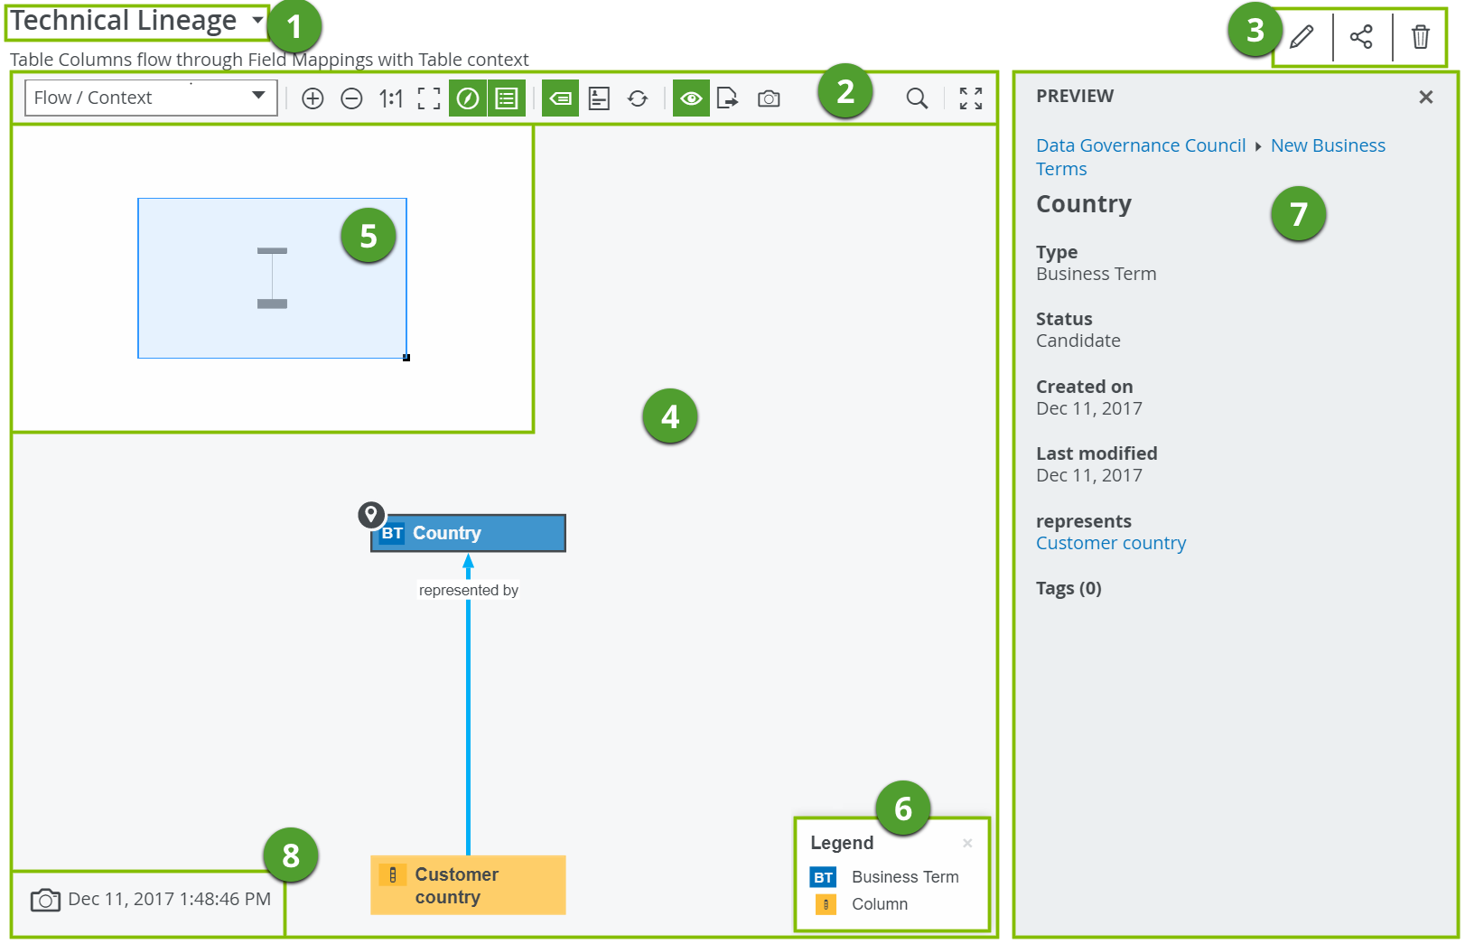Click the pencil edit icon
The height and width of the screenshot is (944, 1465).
1302,37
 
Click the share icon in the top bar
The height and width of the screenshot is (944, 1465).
1361,37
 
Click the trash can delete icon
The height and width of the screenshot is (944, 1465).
1421,37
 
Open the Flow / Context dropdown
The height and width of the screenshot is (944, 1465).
150,98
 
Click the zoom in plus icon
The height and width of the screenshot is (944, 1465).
313,98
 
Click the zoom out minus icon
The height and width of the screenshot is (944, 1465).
351,98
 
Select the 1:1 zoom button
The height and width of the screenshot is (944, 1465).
391,98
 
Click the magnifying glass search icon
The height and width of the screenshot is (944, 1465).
917,98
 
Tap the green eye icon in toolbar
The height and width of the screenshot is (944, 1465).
691,98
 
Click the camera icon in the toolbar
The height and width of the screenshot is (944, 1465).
769,98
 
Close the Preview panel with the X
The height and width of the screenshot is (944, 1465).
1425,97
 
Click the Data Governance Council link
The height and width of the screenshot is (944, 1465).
1140,145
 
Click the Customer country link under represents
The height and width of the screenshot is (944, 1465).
1110,543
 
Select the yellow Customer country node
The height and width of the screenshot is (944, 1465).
468,885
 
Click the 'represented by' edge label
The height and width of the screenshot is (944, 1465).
468,590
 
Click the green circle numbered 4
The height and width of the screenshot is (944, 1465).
669,416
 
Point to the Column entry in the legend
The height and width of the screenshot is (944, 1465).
879,904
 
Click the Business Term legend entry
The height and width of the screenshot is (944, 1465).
904,877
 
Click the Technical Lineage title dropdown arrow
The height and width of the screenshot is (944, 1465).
257,20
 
